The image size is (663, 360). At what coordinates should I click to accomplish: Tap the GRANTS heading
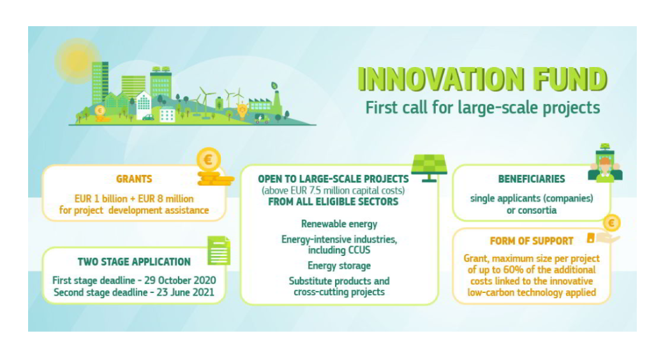(134, 179)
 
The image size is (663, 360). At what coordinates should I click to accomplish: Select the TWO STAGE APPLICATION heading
(134, 262)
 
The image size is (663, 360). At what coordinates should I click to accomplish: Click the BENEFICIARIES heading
(532, 179)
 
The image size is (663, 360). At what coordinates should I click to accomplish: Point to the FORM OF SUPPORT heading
(532, 241)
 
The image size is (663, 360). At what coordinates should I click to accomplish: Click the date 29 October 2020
(180, 280)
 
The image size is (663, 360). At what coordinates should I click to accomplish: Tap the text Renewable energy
(339, 224)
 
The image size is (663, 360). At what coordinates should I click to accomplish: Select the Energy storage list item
(339, 266)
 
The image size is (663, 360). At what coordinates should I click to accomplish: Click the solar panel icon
(429, 168)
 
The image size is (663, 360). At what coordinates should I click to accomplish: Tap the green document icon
(219, 250)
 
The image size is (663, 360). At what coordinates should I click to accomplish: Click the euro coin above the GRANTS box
(209, 160)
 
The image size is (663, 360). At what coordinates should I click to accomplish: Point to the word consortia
(532, 210)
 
